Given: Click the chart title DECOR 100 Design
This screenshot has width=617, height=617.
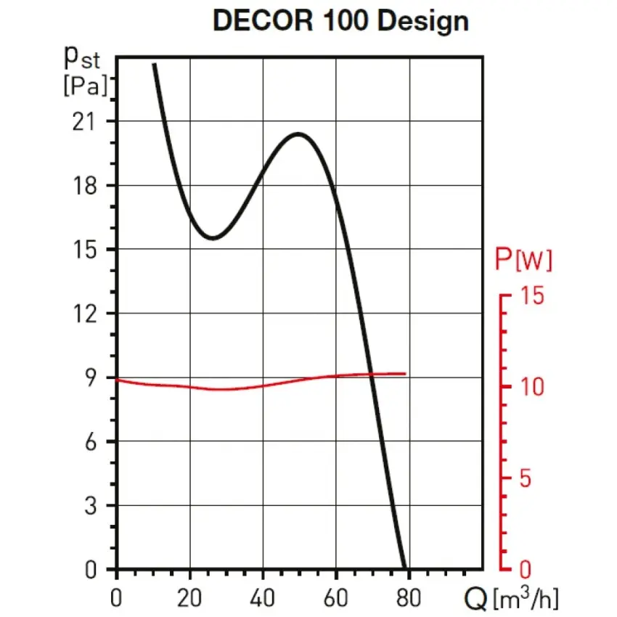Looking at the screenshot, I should [x=340, y=21].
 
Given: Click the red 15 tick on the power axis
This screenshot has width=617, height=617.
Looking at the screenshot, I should [x=532, y=295].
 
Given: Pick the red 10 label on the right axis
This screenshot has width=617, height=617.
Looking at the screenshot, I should [x=532, y=387].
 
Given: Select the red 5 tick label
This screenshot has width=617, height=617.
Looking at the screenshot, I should [x=526, y=478].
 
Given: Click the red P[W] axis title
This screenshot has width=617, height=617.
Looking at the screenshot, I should [x=523, y=260].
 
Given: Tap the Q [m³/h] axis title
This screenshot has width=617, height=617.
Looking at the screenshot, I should [x=512, y=599].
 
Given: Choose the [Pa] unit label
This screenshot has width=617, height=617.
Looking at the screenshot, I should [x=86, y=86].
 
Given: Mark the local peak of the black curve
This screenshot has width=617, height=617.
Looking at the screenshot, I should [x=297, y=134].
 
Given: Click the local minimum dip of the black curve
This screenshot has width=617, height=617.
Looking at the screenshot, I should [x=212, y=237].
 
